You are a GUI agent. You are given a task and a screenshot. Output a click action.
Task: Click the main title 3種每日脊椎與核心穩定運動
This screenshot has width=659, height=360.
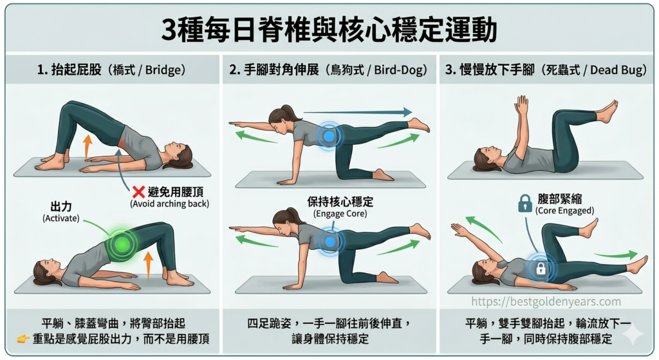[x=329, y=30]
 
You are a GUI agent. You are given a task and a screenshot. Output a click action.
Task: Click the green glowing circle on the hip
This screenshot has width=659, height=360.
[x=120, y=245]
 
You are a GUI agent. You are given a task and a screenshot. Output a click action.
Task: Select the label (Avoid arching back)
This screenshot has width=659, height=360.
[x=169, y=204]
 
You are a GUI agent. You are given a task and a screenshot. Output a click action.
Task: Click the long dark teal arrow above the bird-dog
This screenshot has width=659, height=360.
[x=357, y=112]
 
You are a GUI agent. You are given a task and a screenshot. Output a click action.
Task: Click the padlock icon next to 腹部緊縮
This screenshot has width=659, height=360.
[x=524, y=204]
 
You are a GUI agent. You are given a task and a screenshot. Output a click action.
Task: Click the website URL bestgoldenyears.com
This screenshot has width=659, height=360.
[x=546, y=301]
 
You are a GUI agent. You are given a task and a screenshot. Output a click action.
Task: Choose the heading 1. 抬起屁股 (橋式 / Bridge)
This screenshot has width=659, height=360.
[x=111, y=70]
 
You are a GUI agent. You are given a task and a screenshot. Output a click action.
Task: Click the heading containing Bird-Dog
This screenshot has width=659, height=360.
[x=328, y=70]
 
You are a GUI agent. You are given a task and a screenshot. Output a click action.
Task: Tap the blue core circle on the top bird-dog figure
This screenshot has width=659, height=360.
[x=329, y=136]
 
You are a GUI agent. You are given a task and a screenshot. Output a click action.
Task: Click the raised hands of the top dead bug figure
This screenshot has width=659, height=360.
[x=521, y=106]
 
